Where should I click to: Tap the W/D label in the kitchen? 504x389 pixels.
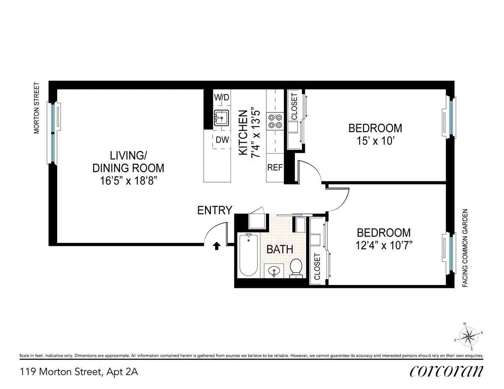coord(222,97)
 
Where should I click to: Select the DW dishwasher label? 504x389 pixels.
coord(222,140)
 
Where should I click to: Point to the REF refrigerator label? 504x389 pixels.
coord(275,167)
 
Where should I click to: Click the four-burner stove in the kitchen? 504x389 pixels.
coord(275,121)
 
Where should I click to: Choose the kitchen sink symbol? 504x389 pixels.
coord(221,117)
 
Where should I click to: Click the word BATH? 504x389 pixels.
coord(280,249)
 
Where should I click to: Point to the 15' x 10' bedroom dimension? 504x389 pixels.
coord(375,141)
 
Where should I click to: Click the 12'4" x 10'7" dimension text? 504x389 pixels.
coord(383,245)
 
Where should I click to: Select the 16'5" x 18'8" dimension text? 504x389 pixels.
coord(128,181)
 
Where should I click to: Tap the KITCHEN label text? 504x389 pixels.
coord(243,133)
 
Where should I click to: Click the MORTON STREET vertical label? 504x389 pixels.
coord(37,108)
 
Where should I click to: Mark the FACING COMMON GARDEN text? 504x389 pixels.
coord(465,248)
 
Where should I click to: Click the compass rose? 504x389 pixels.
coord(468,336)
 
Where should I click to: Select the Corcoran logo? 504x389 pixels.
coord(446,371)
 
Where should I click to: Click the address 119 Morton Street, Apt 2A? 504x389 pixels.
coord(79,372)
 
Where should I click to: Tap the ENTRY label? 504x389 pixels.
coord(215,210)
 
